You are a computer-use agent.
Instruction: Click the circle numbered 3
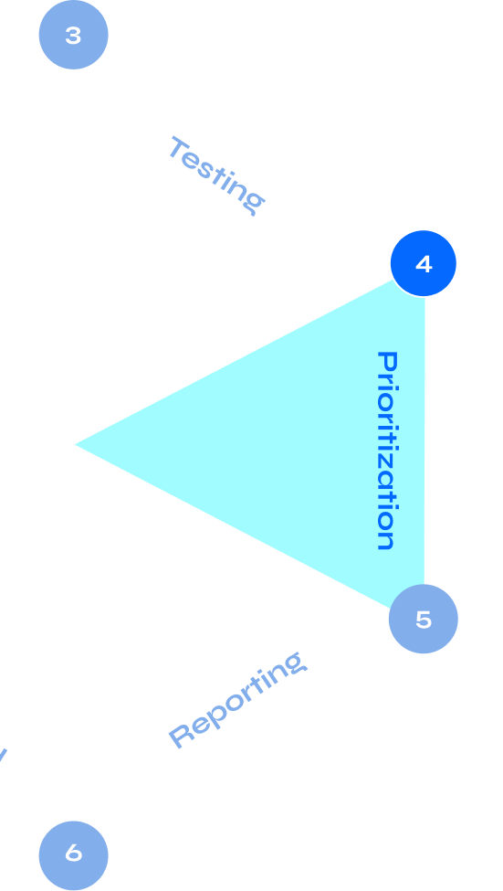click(x=73, y=35)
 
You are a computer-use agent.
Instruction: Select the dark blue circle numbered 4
click(x=424, y=263)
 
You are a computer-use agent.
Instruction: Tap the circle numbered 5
click(x=423, y=620)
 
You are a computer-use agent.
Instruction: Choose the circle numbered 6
click(x=73, y=854)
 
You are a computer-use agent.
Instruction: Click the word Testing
click(x=216, y=175)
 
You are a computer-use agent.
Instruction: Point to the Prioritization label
click(x=387, y=450)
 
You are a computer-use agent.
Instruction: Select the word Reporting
click(x=236, y=699)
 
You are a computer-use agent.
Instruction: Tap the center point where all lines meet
click(x=73, y=444)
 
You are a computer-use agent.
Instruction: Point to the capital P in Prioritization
click(x=387, y=362)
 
